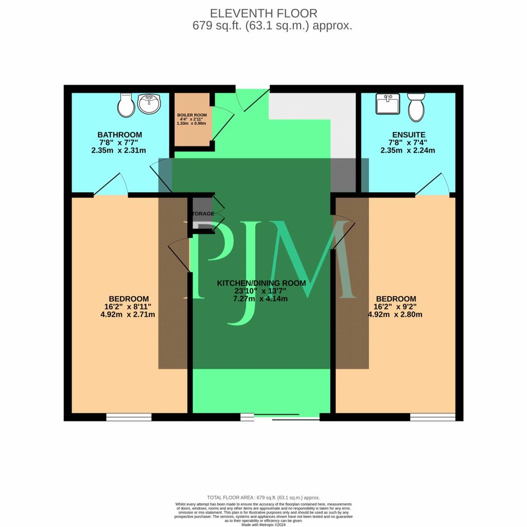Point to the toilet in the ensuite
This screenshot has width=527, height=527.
click(x=416, y=106)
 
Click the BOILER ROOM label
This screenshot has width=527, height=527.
click(x=191, y=114)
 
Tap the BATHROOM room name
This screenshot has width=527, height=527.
click(x=120, y=135)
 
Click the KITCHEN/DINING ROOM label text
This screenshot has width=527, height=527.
click(x=261, y=283)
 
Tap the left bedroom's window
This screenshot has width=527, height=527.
click(x=129, y=417)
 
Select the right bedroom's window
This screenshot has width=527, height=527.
click(x=432, y=417)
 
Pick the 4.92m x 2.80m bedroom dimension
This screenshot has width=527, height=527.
click(x=395, y=314)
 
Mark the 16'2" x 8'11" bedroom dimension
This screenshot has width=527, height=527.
click(x=129, y=307)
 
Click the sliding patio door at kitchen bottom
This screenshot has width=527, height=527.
click(x=280, y=417)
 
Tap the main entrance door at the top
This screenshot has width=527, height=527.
click(x=252, y=98)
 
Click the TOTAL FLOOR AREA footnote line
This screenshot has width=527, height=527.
click(x=263, y=498)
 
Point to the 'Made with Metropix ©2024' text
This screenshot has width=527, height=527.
click(x=263, y=524)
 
